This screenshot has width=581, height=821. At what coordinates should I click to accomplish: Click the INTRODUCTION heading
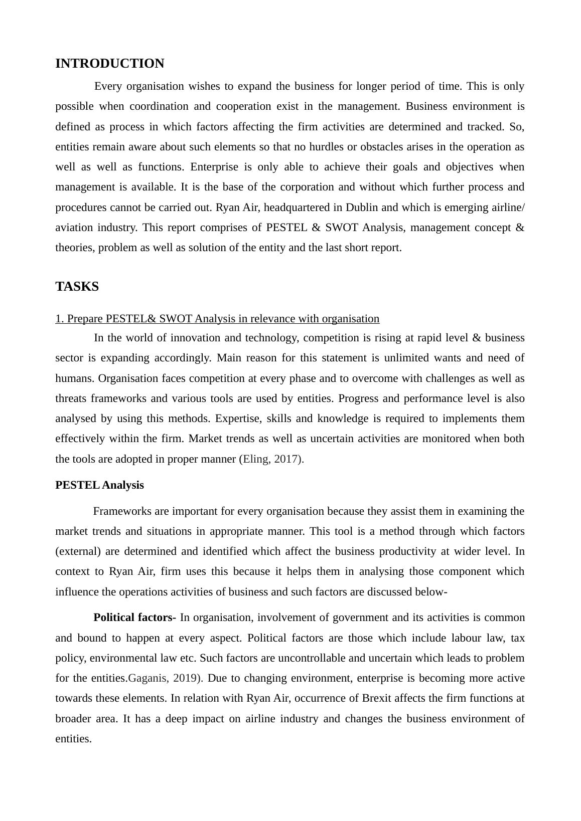(109, 64)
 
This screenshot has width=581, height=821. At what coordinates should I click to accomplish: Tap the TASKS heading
(77, 287)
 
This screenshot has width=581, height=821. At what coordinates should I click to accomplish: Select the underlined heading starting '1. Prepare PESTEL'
(217, 319)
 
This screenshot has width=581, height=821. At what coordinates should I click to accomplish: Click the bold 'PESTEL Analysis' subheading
(99, 485)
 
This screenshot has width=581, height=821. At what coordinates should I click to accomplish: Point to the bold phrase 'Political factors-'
(134, 618)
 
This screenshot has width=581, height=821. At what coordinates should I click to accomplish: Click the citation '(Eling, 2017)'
(271, 459)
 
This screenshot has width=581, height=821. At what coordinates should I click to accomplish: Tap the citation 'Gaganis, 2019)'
(166, 678)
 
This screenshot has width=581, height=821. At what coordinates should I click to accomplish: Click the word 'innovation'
(193, 338)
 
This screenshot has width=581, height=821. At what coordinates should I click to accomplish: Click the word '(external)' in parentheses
(78, 551)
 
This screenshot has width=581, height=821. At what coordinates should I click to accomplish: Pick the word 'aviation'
(74, 228)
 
